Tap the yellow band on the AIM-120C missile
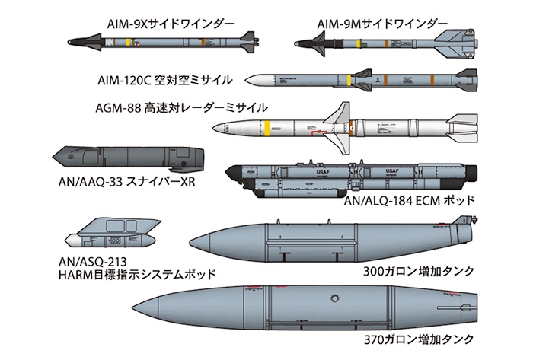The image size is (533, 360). click(349, 79)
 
